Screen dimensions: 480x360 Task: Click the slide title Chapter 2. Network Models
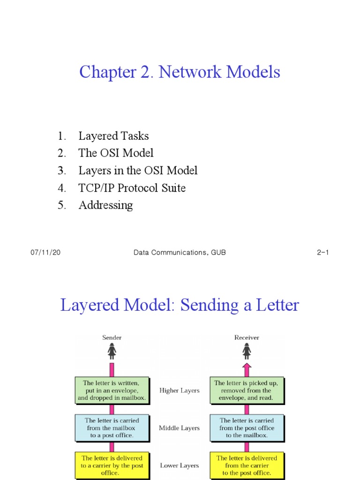pos(180,72)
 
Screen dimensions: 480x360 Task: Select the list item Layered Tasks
pos(113,136)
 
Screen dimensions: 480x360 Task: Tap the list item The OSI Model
pos(116,153)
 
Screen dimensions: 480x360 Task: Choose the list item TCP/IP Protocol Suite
pos(132,188)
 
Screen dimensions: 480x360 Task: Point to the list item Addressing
pos(105,205)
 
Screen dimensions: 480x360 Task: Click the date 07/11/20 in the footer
pos(45,252)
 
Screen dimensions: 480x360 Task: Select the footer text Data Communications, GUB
pos(180,252)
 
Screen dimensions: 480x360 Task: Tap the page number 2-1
pos(323,252)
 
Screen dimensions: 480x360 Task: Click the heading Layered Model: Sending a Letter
pos(180,305)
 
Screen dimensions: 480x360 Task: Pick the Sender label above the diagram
pos(112,337)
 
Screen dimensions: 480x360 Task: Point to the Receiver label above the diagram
pos(247,337)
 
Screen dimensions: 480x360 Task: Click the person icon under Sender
pos(112,351)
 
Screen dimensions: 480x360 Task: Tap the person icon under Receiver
pos(247,351)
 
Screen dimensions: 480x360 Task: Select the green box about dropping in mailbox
pos(112,390)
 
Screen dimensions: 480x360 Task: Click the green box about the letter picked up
pos(247,390)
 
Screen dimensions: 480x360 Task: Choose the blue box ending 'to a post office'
pos(112,428)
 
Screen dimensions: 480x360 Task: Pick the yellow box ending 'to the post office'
pos(247,465)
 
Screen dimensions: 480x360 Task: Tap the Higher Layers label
pos(180,390)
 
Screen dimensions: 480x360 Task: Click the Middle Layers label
pos(180,428)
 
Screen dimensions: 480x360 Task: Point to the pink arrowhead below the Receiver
pos(247,367)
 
